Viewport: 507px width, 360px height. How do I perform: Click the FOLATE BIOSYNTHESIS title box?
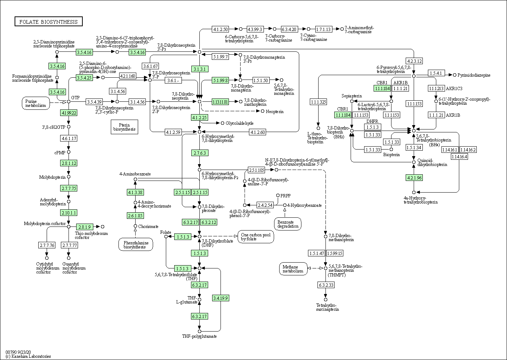pos(48,22)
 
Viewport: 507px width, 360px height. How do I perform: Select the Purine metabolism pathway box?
pos(36,103)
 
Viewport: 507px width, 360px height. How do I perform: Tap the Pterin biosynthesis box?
pos(124,127)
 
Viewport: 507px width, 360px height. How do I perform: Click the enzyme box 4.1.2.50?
pos(221,29)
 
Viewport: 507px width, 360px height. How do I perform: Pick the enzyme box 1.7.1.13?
pos(323,29)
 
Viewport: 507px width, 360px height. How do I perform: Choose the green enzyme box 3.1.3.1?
pos(200,69)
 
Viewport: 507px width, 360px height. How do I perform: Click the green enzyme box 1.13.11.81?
pos(220,102)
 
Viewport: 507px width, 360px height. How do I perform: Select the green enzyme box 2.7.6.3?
pos(200,153)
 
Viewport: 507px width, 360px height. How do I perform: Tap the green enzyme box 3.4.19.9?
pos(221,298)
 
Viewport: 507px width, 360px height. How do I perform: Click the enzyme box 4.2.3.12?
pos(414,61)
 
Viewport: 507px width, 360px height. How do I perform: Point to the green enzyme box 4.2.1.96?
pos(414,178)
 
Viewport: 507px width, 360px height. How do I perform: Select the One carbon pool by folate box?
pos(256,237)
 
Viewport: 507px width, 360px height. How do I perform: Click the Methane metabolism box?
pos(293,269)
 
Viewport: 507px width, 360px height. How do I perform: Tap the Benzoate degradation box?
pos(288,224)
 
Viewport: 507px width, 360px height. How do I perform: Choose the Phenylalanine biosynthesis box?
pos(136,245)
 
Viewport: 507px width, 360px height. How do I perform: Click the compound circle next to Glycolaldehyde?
pos(222,123)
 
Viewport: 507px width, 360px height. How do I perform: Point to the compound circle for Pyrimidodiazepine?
pos(455,75)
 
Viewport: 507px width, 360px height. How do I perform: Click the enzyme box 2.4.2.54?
pos(265,205)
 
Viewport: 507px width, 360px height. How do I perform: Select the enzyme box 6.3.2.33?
pos(326,285)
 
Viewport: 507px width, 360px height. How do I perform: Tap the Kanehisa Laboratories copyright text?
pos(28,356)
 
